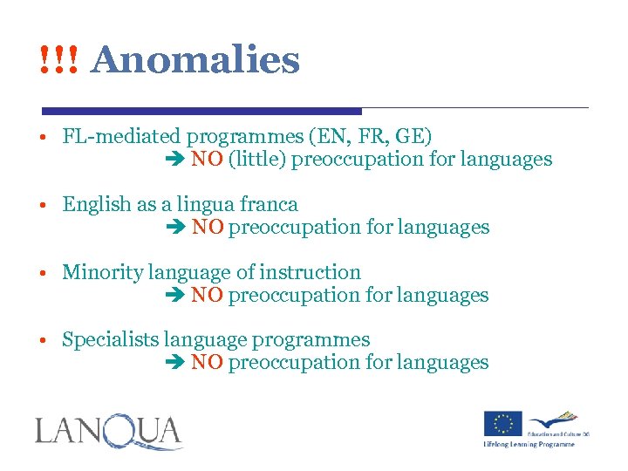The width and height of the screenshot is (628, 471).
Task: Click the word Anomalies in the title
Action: click(x=195, y=60)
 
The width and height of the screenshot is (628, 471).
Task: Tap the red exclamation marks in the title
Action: click(x=58, y=60)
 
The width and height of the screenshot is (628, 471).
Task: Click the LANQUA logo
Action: click(x=109, y=433)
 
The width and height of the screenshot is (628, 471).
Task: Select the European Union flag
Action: click(x=503, y=423)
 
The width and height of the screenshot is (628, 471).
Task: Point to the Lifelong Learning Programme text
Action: click(x=529, y=444)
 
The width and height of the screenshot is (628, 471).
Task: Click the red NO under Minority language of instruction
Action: click(x=207, y=295)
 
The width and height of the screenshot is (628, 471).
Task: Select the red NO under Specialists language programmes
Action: click(x=207, y=362)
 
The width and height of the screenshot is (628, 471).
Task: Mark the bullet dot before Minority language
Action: click(x=42, y=273)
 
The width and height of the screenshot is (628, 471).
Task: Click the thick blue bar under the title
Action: click(x=201, y=111)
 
